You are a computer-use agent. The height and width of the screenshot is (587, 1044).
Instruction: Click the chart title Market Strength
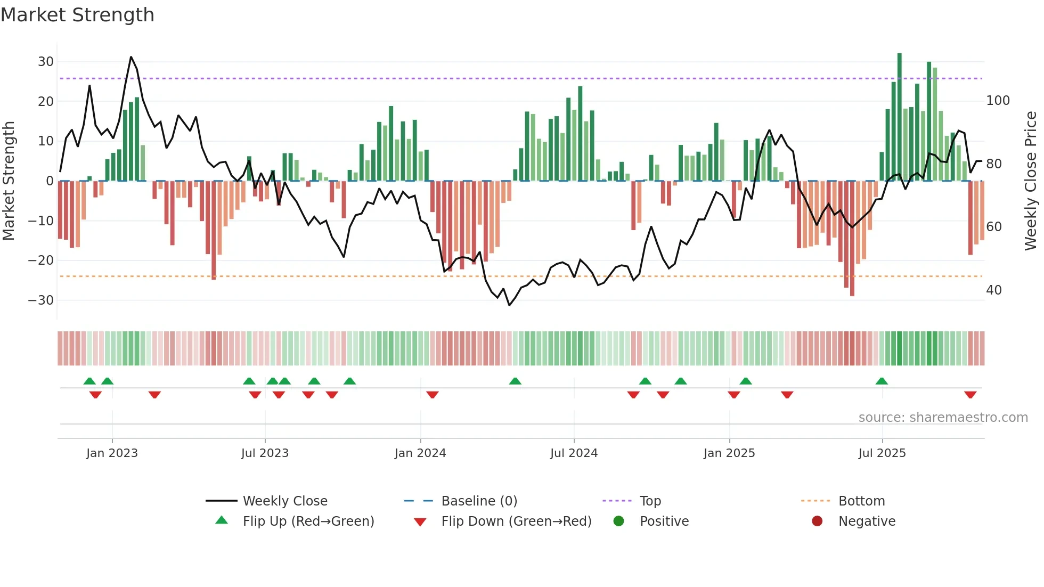point(77,15)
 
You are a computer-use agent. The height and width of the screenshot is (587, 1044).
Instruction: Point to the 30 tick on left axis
point(46,62)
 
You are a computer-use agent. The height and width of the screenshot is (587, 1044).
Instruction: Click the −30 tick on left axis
point(42,300)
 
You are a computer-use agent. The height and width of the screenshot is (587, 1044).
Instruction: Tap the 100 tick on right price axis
point(998,101)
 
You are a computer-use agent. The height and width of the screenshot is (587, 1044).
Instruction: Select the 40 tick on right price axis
point(994,290)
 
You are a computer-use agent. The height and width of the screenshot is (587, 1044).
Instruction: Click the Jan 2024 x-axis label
point(420,453)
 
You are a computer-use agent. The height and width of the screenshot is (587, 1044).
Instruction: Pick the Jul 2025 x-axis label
point(882,453)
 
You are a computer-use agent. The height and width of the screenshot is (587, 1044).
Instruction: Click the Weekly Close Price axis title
point(1031,181)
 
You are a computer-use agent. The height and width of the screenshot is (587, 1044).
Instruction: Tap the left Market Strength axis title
point(9,181)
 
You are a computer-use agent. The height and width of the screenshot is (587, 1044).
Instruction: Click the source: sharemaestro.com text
point(943,418)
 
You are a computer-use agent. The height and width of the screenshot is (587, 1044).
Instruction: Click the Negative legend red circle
point(817,521)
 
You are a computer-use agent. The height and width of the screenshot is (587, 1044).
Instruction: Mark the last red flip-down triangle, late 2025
point(970,395)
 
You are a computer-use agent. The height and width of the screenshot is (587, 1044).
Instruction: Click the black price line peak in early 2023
point(131,57)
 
